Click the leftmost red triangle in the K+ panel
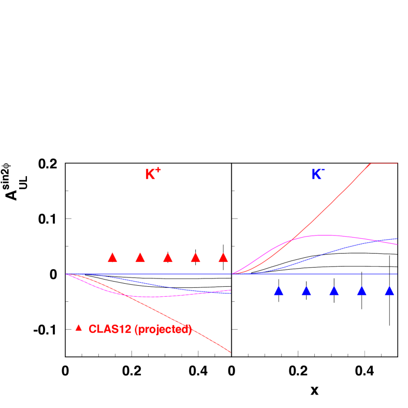pos(112,258)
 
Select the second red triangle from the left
pos(140,258)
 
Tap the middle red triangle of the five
pos(168,258)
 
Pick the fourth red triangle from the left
pos(195,258)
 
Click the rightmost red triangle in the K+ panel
pos(223,258)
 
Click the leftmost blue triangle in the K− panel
pos(279,292)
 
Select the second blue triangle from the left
pos(306,292)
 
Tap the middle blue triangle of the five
pos(334,292)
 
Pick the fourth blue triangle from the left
pos(361,292)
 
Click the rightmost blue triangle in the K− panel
pos(389,292)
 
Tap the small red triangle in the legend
pos(79,328)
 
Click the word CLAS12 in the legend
pos(110,329)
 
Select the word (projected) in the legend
pos(163,329)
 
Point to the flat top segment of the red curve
pos(384,163)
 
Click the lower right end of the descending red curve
pos(229,352)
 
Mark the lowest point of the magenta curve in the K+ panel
pos(150,297)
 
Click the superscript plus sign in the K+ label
pos(158,169)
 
